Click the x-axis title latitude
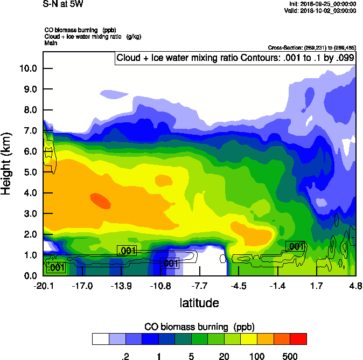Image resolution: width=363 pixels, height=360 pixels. pyautogui.click(x=199, y=303)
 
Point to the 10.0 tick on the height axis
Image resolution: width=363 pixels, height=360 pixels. pyautogui.click(x=28, y=68)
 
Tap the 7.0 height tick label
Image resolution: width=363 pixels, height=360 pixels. pyautogui.click(x=30, y=130)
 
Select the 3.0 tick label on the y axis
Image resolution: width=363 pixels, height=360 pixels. pyautogui.click(x=30, y=213)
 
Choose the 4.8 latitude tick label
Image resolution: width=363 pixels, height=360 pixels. pyautogui.click(x=355, y=285)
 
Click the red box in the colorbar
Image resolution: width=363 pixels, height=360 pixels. pyautogui.click(x=298, y=338)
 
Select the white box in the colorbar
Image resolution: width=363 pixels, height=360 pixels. pyautogui.click(x=100, y=338)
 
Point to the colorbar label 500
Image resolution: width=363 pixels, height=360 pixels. pyautogui.click(x=290, y=356)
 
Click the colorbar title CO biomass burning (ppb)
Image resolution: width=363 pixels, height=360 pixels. pyautogui.click(x=199, y=327)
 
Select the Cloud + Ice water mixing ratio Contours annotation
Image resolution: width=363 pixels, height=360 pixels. pyautogui.click(x=235, y=58)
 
